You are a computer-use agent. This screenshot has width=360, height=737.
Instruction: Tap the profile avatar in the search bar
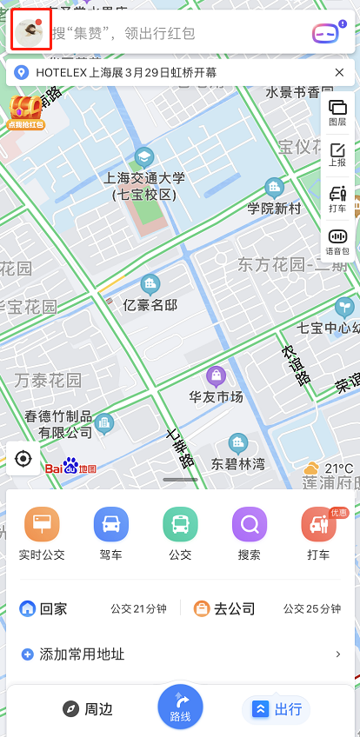(x=31, y=33)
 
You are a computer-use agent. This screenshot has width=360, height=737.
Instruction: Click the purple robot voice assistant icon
(x=328, y=34)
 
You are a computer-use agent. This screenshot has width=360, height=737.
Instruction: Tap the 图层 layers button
(x=337, y=113)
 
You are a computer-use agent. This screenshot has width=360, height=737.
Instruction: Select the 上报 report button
(x=337, y=156)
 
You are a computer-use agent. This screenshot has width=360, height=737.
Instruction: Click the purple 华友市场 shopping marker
(x=216, y=376)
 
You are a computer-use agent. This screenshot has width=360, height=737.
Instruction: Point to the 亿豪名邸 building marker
(x=150, y=284)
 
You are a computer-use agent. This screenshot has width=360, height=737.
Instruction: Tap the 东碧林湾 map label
(x=237, y=463)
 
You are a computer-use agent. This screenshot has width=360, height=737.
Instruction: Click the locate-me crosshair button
(x=23, y=458)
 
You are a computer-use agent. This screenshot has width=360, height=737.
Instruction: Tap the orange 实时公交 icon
(x=42, y=524)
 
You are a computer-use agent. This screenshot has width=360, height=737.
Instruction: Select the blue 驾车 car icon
(x=111, y=524)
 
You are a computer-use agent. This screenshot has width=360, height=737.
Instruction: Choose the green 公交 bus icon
(x=180, y=524)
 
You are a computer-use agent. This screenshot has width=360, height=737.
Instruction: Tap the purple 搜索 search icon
(x=249, y=524)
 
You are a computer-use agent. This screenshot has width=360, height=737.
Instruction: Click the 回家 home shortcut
(x=45, y=608)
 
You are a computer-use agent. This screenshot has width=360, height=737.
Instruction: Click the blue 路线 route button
(x=180, y=706)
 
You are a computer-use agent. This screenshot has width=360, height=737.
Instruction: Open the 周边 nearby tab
(x=88, y=709)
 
